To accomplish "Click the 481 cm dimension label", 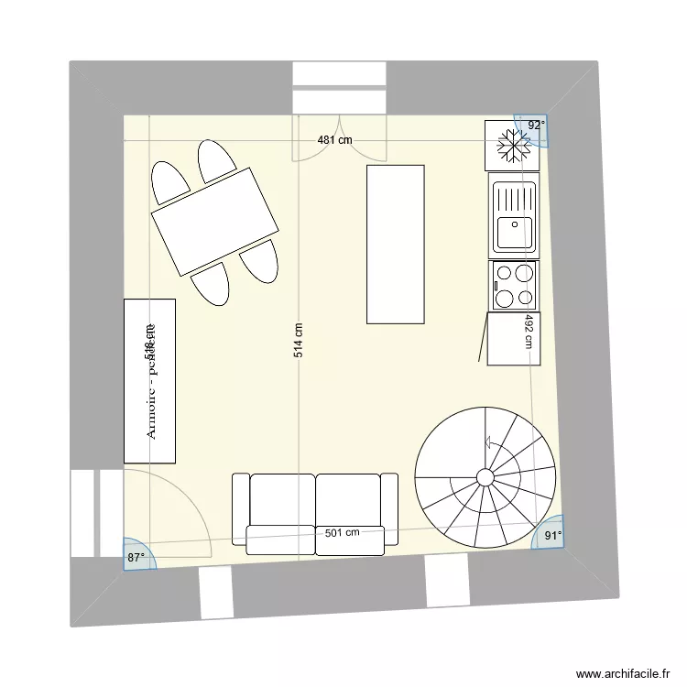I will pyautogui.click(x=334, y=140).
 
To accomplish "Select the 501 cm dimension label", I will pyautogui.click(x=340, y=531).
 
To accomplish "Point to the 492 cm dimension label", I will pyautogui.click(x=529, y=331).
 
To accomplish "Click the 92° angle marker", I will pyautogui.click(x=535, y=125).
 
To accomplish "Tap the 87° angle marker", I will pyautogui.click(x=136, y=556).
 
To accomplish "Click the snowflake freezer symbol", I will pyautogui.click(x=513, y=145).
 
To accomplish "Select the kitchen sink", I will pyautogui.click(x=513, y=217).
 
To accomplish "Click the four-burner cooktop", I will pyautogui.click(x=513, y=284).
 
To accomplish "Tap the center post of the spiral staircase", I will pyautogui.click(x=485, y=477).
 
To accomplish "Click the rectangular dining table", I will pyautogui.click(x=214, y=221).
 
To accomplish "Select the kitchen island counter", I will pyautogui.click(x=396, y=244).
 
